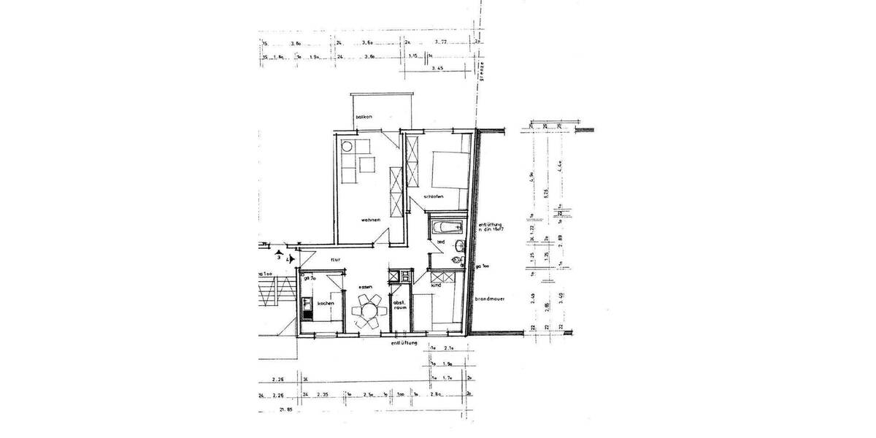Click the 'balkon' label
coord(364,118)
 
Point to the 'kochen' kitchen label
coord(326,304)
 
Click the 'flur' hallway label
coord(336,260)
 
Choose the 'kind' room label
coord(435,285)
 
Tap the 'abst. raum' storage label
coord(399,306)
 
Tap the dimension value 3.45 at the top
coord(438,68)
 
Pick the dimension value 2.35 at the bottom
coord(326,395)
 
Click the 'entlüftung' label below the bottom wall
coord(404,342)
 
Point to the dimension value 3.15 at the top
coord(413,56)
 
